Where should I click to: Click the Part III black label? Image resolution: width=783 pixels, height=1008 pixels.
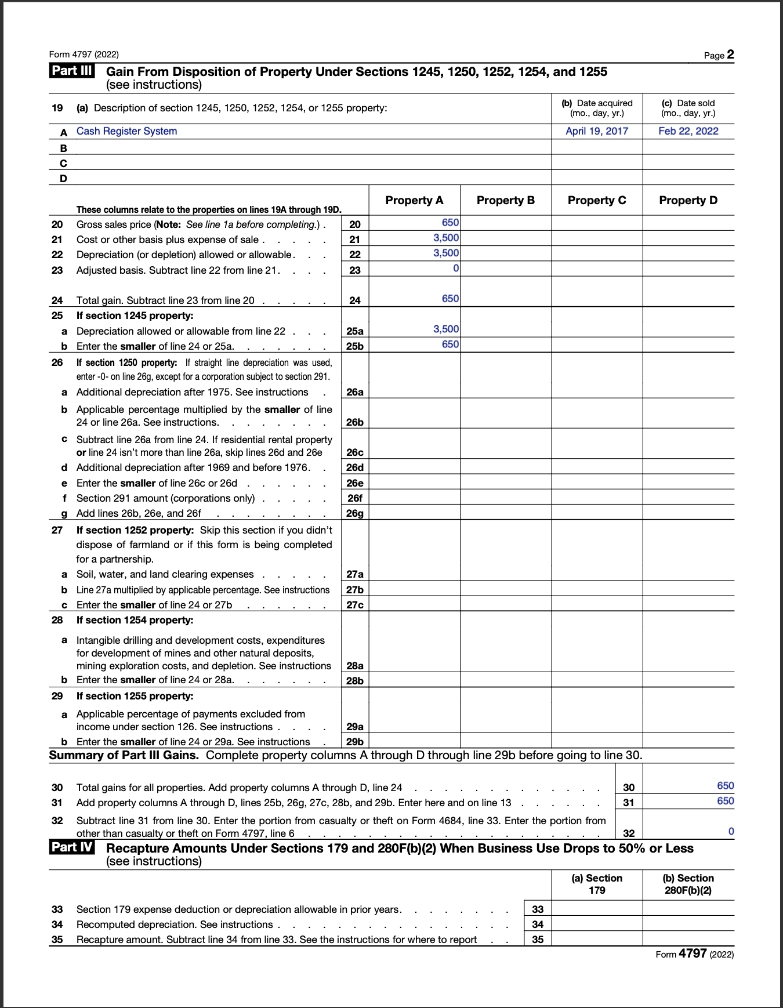[71, 71]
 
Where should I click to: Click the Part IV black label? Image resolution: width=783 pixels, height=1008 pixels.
[71, 847]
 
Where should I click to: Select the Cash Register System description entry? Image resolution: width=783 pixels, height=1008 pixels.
[126, 131]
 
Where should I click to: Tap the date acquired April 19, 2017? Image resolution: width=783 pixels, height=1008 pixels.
[597, 131]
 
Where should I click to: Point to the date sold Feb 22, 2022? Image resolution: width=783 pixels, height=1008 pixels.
[688, 131]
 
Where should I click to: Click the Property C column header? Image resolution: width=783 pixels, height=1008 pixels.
[597, 200]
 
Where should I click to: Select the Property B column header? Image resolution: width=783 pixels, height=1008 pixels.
[505, 200]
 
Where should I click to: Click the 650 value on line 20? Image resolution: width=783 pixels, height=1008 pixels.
[450, 223]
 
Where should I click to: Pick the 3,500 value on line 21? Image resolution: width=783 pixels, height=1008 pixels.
[446, 238]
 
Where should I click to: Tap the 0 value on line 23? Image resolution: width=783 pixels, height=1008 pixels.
[456, 268]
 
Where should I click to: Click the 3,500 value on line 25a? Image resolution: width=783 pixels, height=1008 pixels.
[446, 329]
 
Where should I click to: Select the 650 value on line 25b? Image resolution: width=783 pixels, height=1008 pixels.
[450, 344]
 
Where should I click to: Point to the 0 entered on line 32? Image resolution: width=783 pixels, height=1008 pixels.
[731, 832]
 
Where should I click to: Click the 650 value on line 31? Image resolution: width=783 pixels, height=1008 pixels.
[725, 801]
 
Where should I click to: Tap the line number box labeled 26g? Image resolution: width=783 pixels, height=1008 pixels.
[355, 513]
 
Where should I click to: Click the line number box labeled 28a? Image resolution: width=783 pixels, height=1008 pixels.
[355, 666]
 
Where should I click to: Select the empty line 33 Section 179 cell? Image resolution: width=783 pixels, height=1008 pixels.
[597, 909]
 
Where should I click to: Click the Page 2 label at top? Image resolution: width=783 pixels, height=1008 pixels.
[719, 55]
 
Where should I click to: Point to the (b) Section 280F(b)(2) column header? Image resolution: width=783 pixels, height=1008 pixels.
[688, 884]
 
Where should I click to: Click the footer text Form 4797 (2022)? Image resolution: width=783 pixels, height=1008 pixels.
[694, 954]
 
